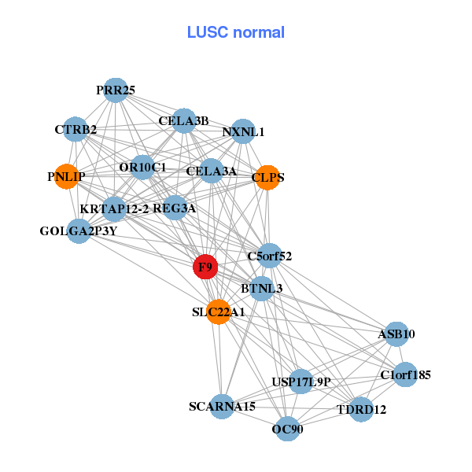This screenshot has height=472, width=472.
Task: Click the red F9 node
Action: pos(205,267)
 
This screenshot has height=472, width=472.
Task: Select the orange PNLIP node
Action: pos(66,176)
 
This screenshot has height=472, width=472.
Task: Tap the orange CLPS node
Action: pos(267,177)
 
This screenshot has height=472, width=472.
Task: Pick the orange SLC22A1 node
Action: pos(219,312)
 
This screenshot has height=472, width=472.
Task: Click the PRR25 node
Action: pos(116,90)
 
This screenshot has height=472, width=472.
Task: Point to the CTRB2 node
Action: pos(76,129)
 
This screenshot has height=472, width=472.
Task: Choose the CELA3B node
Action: pos(183,121)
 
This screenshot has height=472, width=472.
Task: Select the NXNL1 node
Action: pos(243,131)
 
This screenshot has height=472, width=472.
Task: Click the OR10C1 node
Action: pos(142,167)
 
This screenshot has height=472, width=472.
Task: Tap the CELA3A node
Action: pos(211,171)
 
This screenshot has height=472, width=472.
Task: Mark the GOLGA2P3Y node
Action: pos(79,231)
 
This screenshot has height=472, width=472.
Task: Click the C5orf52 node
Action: pos(270,256)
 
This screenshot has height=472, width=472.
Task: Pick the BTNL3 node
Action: pos(262,289)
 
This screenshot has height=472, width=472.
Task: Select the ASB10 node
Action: pos(396,334)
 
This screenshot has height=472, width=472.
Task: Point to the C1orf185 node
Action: pos(405,374)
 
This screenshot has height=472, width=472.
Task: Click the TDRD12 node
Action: pos(361,409)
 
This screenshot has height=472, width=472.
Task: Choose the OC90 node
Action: pos(287,429)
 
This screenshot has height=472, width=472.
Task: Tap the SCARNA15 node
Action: pos(223,407)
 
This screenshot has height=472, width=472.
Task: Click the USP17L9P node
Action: pos(301,382)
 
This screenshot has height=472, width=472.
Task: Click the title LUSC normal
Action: pos(236,32)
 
